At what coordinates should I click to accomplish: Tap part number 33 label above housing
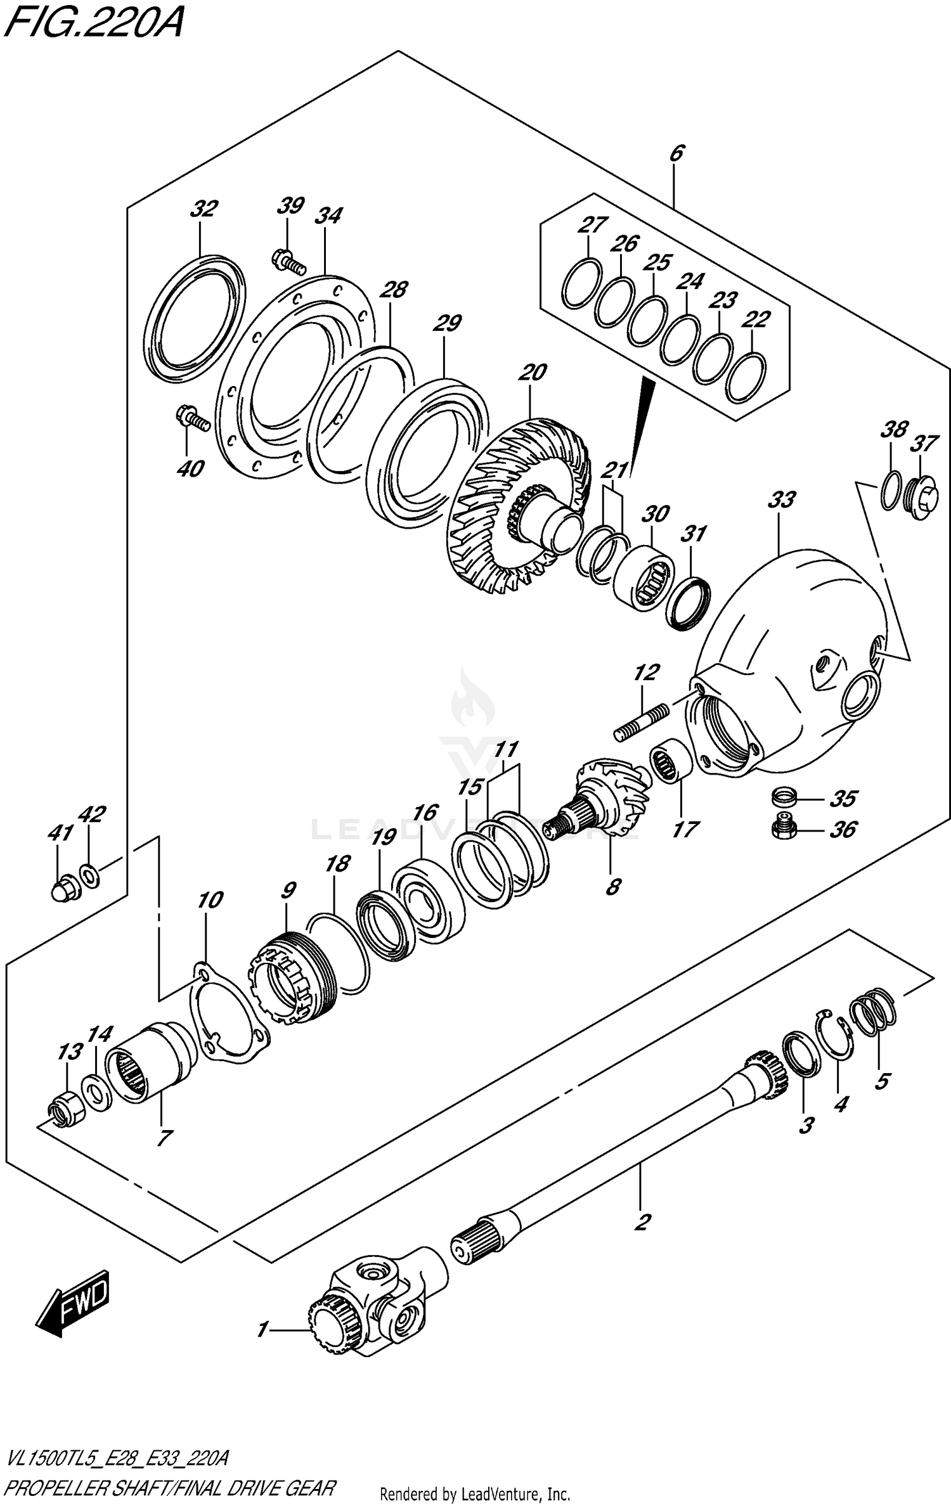point(781,500)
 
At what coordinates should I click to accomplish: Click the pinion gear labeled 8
point(605,802)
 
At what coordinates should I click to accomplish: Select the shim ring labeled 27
point(581,283)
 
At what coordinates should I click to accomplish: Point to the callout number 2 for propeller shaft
point(642,1221)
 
